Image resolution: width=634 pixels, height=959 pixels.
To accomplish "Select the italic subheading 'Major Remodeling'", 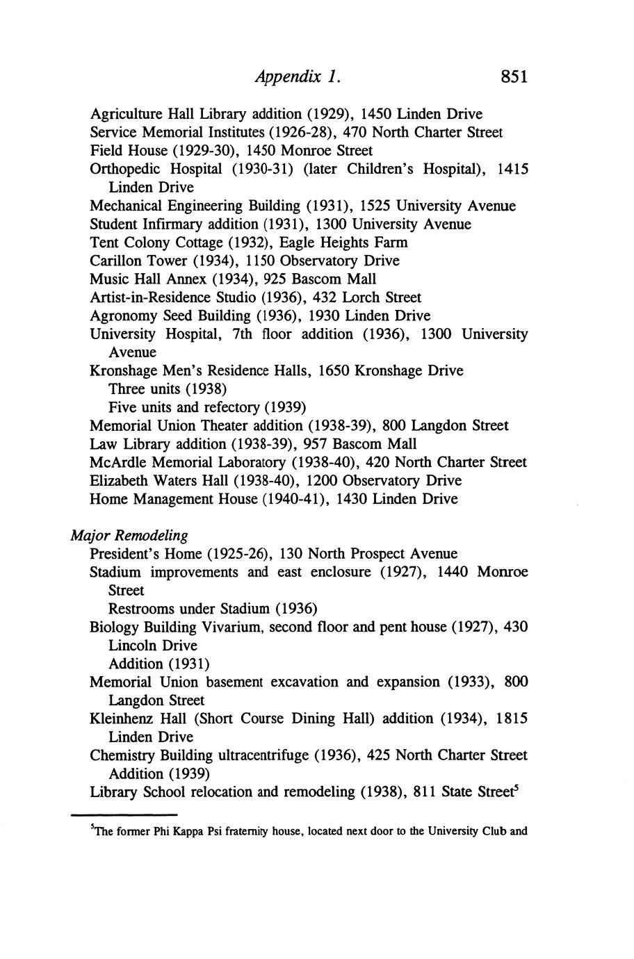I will (x=129, y=536).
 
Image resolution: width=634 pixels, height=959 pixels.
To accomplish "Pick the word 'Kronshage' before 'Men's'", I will (x=124, y=370).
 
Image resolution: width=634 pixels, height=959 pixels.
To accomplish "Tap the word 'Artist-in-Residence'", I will (x=152, y=297).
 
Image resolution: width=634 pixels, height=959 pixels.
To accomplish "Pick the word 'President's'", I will (x=124, y=554).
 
